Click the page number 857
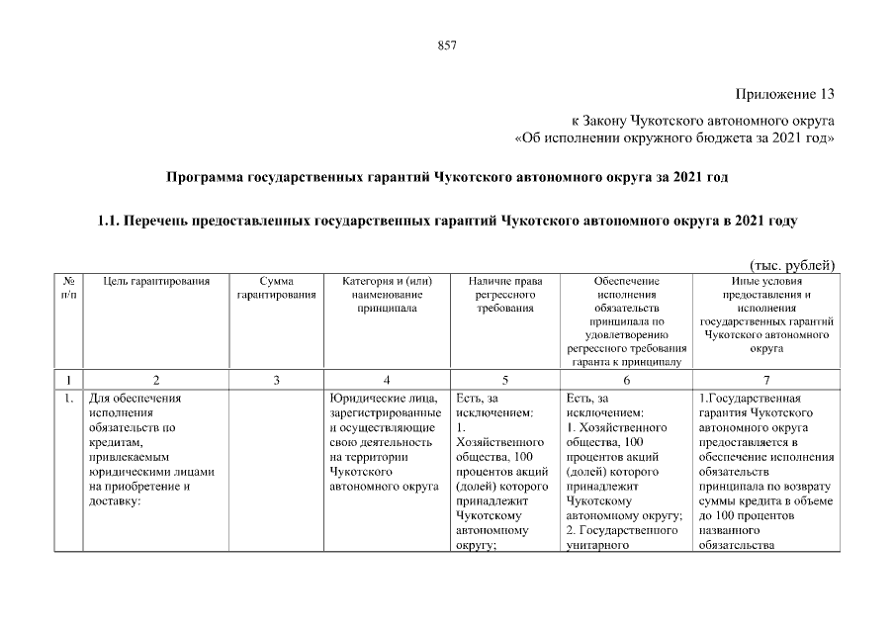(446, 45)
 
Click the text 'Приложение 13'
(785, 95)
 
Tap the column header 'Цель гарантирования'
(156, 282)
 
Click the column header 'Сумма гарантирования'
(277, 288)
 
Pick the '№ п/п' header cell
(68, 288)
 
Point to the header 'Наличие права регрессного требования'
(504, 295)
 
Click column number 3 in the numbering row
(277, 380)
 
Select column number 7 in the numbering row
(766, 380)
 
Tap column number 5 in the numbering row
(504, 380)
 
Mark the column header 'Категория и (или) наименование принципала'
(387, 295)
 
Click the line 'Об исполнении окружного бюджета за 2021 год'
(677, 137)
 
